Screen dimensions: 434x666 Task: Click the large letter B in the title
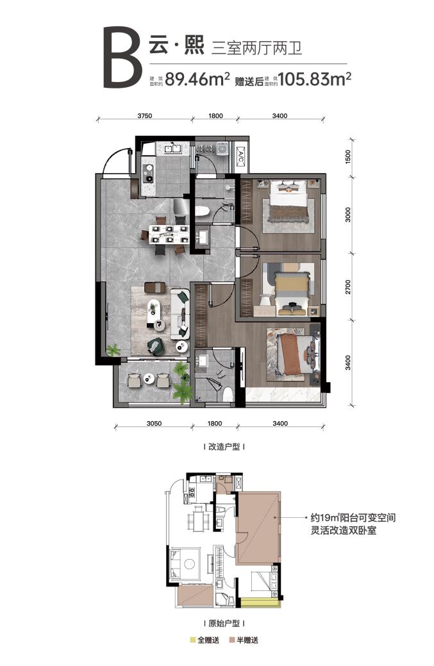122,57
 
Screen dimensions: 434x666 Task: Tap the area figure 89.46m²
197,79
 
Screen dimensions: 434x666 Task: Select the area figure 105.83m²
315,79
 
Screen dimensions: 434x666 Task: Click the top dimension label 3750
145,115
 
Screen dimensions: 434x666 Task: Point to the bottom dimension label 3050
154,423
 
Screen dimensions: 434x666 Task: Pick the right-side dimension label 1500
349,157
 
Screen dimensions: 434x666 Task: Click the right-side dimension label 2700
349,287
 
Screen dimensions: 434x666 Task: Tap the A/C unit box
240,157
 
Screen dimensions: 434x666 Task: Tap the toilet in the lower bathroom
228,394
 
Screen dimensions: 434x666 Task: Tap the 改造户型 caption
224,447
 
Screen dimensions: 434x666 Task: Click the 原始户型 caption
224,624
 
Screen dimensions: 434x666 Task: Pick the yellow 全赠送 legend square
194,640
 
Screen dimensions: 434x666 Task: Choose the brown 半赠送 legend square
232,640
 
